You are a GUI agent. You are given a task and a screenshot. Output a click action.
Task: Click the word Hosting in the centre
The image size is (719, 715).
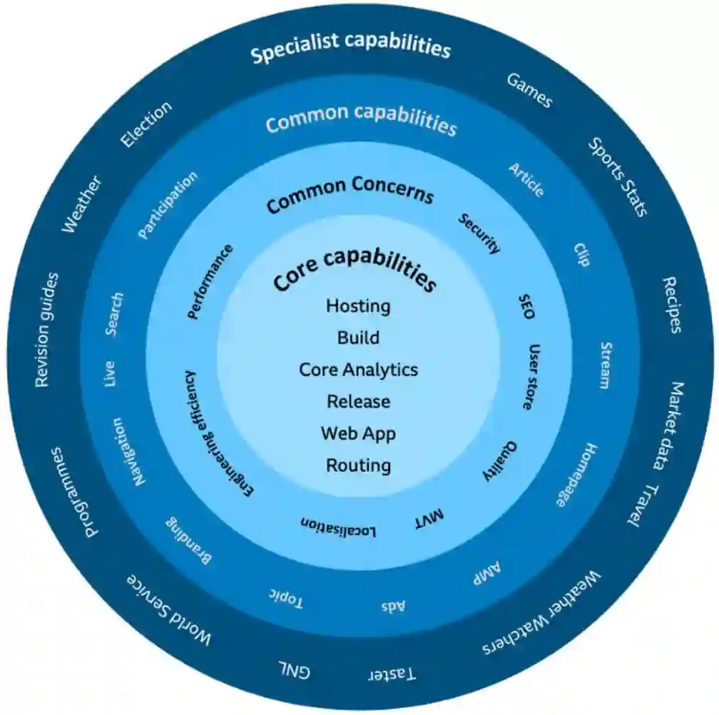[x=358, y=306]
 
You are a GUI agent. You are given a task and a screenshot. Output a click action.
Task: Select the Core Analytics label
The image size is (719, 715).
[x=358, y=370]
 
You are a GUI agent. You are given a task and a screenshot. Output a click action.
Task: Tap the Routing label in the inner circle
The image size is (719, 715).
[x=358, y=465]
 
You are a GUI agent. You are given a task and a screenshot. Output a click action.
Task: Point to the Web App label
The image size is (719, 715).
[x=358, y=433]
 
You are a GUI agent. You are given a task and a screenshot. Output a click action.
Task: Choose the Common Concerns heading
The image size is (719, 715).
[x=350, y=193]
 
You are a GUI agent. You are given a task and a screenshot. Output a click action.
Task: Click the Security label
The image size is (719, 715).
[x=479, y=233]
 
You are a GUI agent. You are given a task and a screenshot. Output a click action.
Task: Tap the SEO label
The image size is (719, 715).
[x=526, y=305]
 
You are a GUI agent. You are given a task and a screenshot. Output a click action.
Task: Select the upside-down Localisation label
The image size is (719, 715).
[x=338, y=527]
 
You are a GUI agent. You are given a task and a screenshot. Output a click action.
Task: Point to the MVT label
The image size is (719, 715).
[x=429, y=519]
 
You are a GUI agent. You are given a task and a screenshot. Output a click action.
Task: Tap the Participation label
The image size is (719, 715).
[x=168, y=205]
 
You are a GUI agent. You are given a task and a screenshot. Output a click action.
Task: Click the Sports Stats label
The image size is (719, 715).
[x=618, y=176]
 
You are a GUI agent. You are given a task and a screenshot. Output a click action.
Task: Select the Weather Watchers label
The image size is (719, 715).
[x=542, y=614]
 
